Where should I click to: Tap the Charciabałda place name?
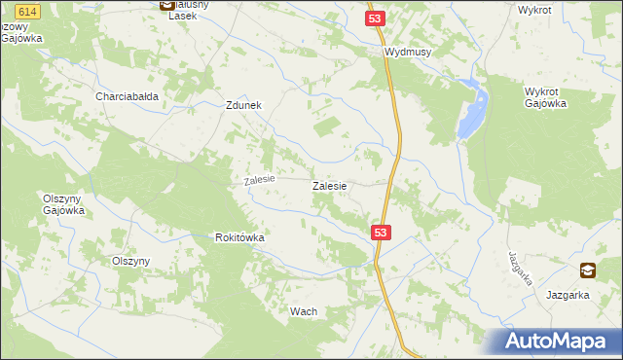click(x=127, y=96)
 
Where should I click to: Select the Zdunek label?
click(x=243, y=106)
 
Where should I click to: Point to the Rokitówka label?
click(x=240, y=237)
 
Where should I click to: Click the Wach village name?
click(x=304, y=311)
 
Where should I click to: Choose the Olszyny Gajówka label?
click(x=64, y=203)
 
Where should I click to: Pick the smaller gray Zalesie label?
click(x=260, y=180)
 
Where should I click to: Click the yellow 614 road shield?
click(x=26, y=9)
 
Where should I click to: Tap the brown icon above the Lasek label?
click(x=165, y=5)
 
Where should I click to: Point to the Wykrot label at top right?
click(x=535, y=9)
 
